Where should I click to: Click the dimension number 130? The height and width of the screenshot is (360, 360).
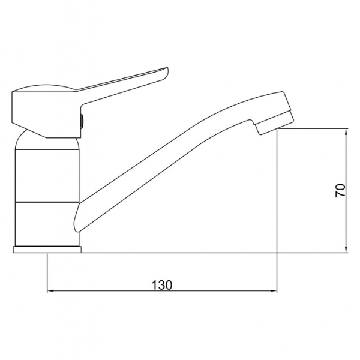pos(161,284)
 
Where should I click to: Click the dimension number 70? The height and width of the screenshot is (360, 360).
pos(340,190)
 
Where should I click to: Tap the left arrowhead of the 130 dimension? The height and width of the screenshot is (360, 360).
pos(50,290)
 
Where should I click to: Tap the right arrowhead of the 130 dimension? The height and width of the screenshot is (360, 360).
pos(274,290)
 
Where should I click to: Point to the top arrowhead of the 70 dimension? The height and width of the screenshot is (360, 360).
pos(346,132)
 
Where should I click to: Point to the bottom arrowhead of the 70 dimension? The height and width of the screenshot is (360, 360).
pos(346,250)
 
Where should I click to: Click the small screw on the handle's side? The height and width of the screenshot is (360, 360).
pos(82,121)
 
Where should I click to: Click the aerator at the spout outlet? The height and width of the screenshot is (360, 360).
pos(275,122)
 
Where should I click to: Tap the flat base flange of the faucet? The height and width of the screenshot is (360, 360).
pos(47,250)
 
